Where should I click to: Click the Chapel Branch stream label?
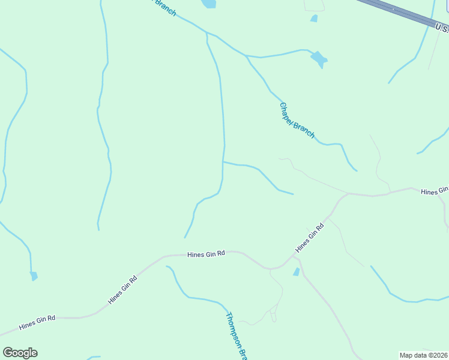pyautogui.click(x=297, y=120)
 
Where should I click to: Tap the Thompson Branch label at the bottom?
pyautogui.click(x=236, y=335)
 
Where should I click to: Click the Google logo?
pyautogui.click(x=20, y=353)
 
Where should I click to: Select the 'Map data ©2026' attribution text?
pyautogui.click(x=423, y=355)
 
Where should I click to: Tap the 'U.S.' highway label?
pyautogui.click(x=441, y=28)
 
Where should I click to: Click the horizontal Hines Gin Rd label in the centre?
pyautogui.click(x=205, y=254)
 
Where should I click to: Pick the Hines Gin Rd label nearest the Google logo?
pyautogui.click(x=37, y=322)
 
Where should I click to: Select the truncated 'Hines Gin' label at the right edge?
pyautogui.click(x=434, y=191)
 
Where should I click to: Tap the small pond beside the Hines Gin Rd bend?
pyautogui.click(x=296, y=272)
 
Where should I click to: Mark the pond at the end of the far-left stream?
pyautogui.click(x=34, y=276)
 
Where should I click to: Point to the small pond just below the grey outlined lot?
pyautogui.click(x=314, y=19)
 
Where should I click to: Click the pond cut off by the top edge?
pyautogui.click(x=209, y=4)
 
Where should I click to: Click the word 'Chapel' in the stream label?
pyautogui.click(x=288, y=112)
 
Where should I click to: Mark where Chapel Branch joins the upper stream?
pyautogui.click(x=246, y=56)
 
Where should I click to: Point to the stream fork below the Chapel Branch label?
pyautogui.click(x=223, y=161)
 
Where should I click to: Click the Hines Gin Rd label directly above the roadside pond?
pyautogui.click(x=310, y=237)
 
